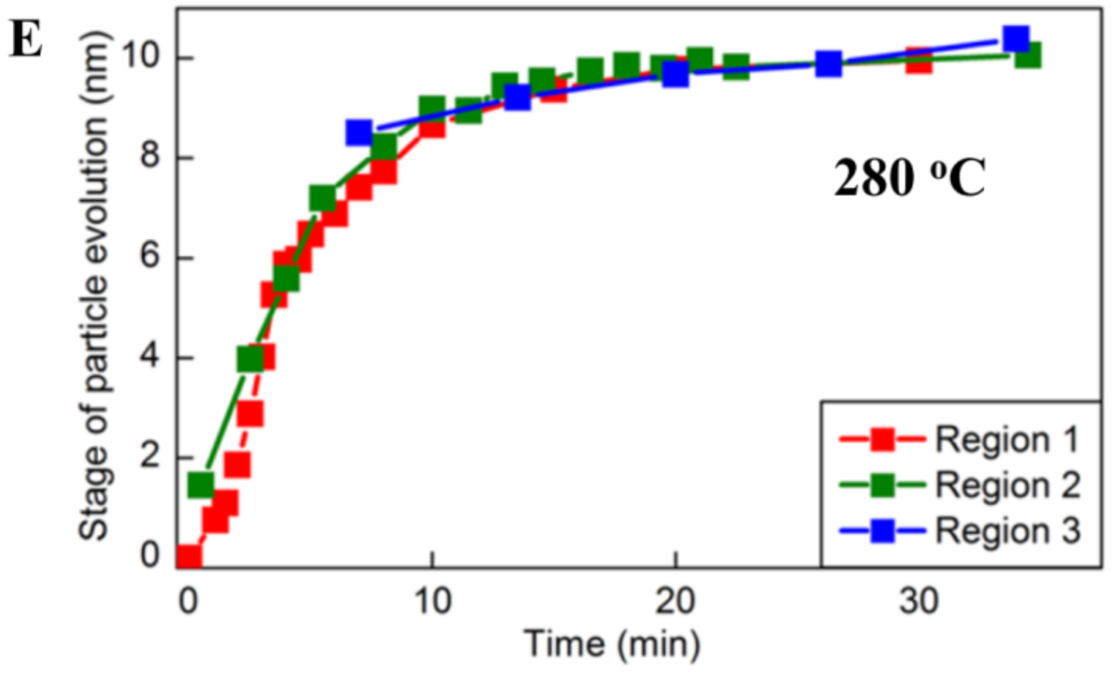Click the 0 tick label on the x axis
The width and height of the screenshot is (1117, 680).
pyautogui.click(x=188, y=600)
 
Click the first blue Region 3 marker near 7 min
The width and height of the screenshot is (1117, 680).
pyautogui.click(x=359, y=132)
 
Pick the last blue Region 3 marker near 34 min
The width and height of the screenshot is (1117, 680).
pyautogui.click(x=1016, y=39)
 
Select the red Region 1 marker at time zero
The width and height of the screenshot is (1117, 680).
pyautogui.click(x=189, y=557)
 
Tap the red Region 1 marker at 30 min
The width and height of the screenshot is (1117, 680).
pyautogui.click(x=918, y=61)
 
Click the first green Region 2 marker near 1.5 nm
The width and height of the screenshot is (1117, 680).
pyautogui.click(x=200, y=485)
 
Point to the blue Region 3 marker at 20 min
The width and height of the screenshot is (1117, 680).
pyautogui.click(x=675, y=74)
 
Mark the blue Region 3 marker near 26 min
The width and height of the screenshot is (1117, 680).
pyautogui.click(x=828, y=64)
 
